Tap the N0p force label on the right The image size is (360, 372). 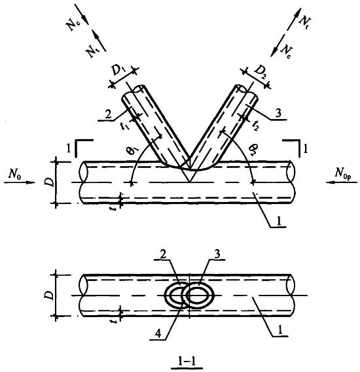click(343, 173)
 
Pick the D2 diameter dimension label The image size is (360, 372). click(261, 71)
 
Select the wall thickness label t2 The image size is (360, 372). click(255, 126)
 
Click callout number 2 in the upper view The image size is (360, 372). click(108, 115)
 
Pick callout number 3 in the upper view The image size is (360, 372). click(278, 113)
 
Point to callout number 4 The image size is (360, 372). click(158, 333)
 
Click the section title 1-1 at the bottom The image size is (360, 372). click(187, 361)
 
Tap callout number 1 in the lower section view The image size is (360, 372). click(280, 330)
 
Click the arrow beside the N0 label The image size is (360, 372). click(20, 182)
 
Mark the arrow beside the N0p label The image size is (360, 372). click(342, 182)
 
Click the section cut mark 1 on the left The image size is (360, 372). click(68, 149)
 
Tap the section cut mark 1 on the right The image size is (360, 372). click(306, 149)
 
